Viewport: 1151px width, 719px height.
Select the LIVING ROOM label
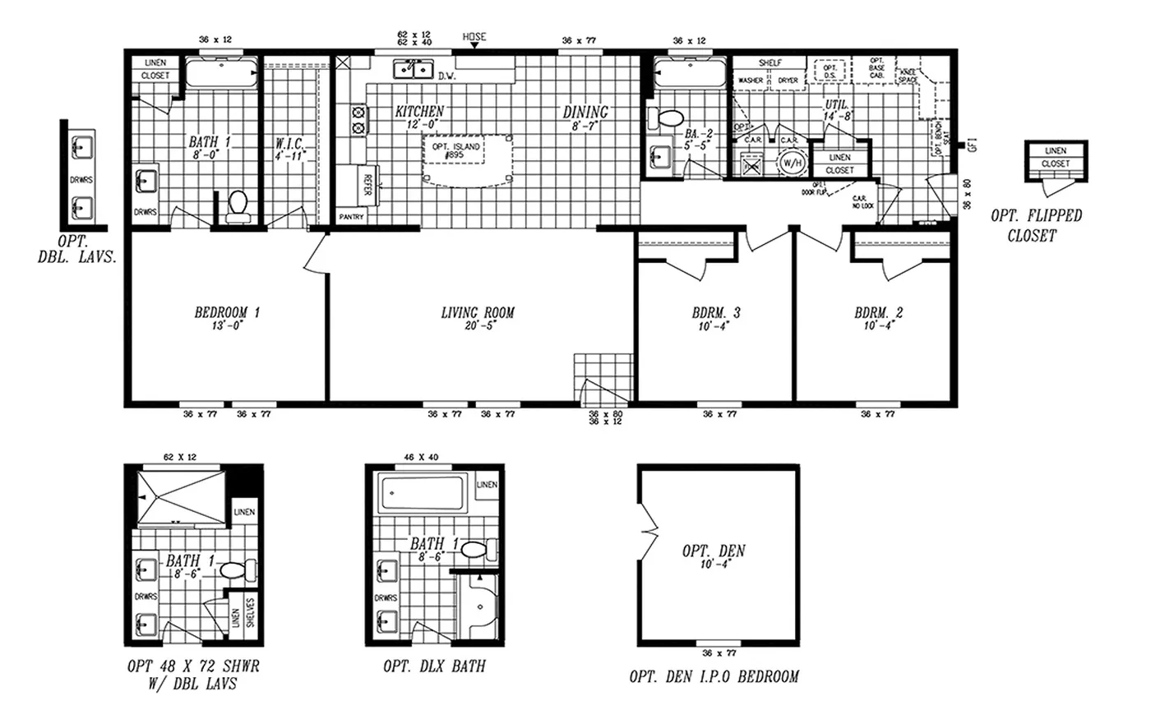(478, 312)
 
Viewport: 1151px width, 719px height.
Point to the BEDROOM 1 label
(227, 312)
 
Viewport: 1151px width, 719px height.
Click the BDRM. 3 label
(715, 312)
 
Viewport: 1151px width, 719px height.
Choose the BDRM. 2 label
(878, 312)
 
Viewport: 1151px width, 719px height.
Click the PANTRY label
(352, 217)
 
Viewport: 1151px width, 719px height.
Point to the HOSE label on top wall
(474, 37)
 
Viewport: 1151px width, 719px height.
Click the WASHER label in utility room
(750, 81)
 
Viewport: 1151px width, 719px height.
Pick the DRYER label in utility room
(788, 81)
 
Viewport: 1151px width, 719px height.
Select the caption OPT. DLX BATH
(434, 666)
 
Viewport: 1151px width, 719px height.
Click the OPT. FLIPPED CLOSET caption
(1036, 224)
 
